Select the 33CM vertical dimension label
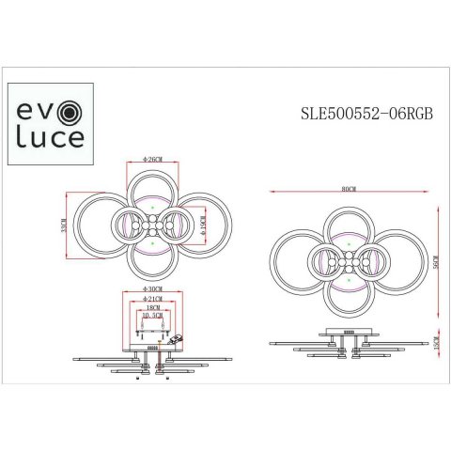[63, 227]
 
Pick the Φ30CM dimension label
[152, 288]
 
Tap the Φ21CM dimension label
[152, 300]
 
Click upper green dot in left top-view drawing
[152, 206]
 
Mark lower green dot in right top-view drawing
[348, 280]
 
